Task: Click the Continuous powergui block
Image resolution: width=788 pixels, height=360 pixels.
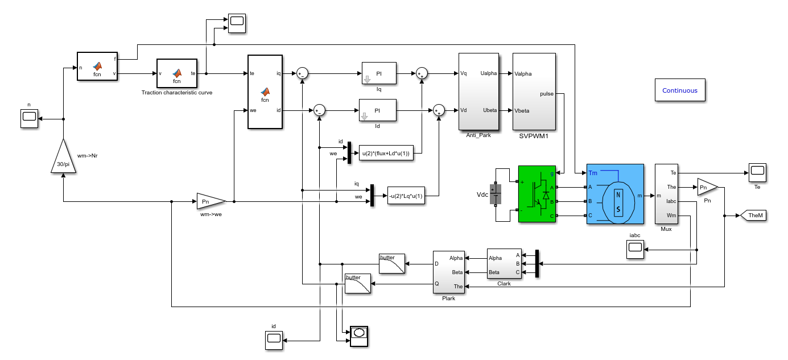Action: tap(680, 90)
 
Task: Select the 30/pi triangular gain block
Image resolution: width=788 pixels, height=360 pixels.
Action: tap(63, 158)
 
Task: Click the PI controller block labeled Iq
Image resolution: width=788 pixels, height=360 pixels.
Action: tap(379, 73)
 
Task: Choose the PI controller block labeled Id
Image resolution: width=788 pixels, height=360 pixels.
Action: tap(377, 110)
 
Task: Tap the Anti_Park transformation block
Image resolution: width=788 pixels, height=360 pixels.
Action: tap(478, 92)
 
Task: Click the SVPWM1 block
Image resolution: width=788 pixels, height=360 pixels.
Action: tap(534, 92)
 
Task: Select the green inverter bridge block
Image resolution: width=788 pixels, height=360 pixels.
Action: tap(537, 194)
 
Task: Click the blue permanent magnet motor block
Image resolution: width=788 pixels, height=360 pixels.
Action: tap(615, 194)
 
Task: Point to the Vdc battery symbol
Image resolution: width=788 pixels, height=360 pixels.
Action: tap(496, 194)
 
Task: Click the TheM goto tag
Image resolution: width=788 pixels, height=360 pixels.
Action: tap(753, 216)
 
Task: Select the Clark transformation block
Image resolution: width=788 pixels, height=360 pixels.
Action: tap(504, 264)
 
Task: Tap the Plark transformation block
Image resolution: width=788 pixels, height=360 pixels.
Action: tap(448, 272)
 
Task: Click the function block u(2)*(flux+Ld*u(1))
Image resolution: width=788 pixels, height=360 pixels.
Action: tap(386, 153)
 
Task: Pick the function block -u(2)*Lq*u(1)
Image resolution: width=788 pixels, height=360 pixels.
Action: tap(406, 196)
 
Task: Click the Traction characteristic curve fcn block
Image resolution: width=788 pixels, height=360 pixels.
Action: tap(176, 73)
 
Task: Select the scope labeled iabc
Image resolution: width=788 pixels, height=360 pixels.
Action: tap(635, 249)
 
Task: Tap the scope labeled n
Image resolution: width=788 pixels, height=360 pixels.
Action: tap(29, 118)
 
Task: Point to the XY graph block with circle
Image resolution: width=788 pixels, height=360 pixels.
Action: tap(359, 337)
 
